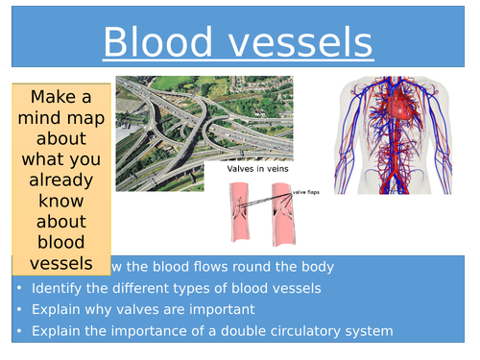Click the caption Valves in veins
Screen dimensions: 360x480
pos(257,169)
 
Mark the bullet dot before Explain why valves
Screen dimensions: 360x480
pos(20,310)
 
